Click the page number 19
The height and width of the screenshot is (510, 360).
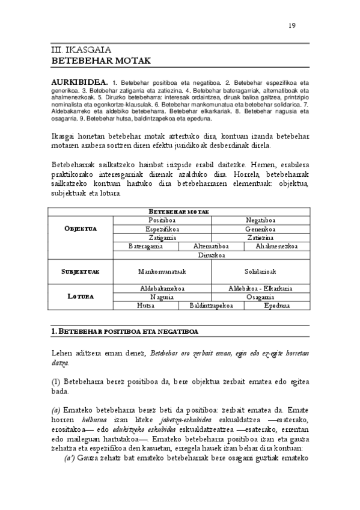click(292, 25)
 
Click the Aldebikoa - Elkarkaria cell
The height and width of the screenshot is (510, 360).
click(260, 289)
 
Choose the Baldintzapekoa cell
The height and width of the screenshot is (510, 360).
click(211, 306)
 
